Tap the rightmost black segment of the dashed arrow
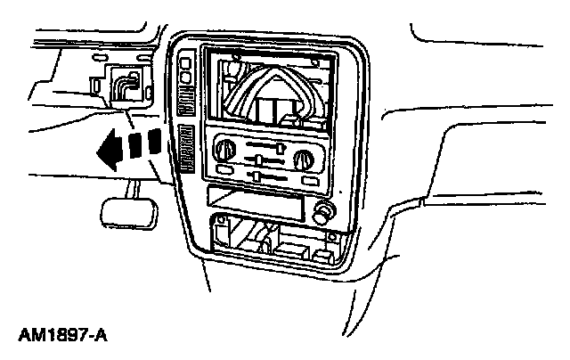(154, 141)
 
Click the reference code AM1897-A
(62, 338)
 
